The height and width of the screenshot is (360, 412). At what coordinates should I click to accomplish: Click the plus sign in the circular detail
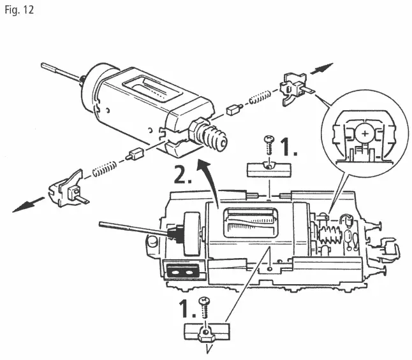coord(364,133)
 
